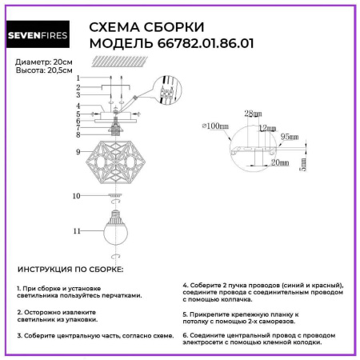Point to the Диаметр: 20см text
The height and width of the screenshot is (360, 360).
41,62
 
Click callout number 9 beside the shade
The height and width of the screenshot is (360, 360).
78,151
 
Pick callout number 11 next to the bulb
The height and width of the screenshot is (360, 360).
78,230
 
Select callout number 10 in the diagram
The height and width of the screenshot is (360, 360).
78,195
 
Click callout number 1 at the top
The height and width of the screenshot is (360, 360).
78,78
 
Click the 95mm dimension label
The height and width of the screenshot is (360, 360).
288,138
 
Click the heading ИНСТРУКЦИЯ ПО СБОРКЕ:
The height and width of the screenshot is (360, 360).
70,270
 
